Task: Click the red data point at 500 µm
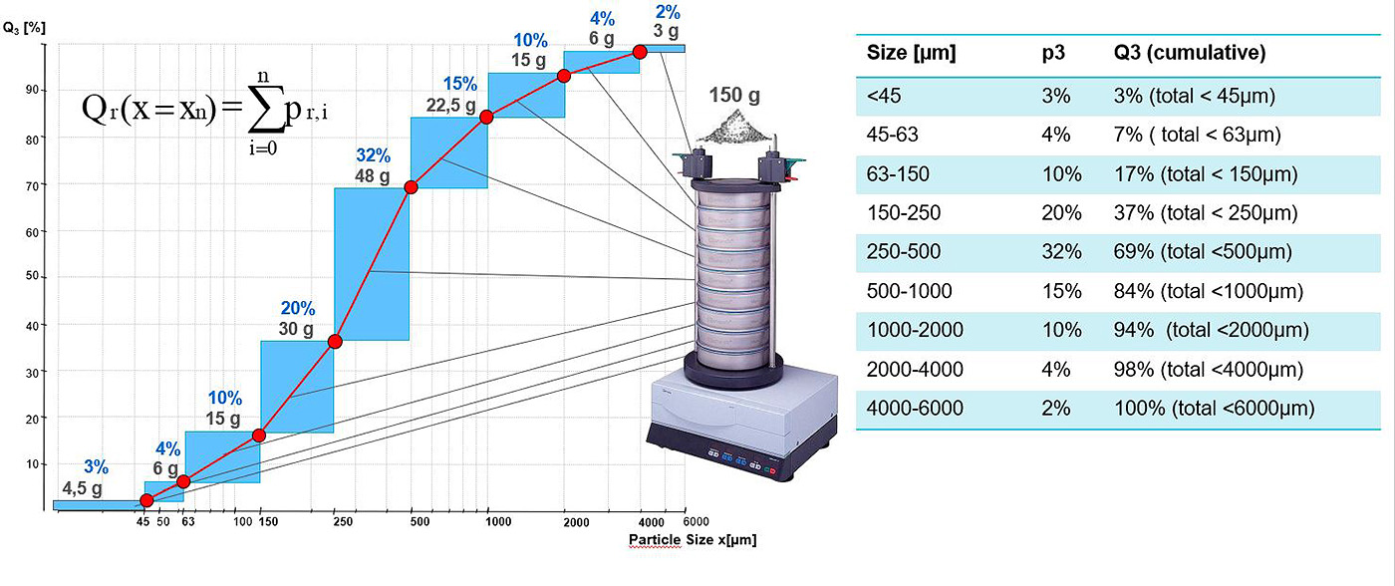411,186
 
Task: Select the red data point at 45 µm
146,500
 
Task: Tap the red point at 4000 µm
640,52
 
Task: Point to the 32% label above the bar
373,155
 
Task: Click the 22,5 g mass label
450,105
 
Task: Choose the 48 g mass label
373,176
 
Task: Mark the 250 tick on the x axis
343,522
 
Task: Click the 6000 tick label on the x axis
697,521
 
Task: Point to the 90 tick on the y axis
32,90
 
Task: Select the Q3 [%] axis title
24,28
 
